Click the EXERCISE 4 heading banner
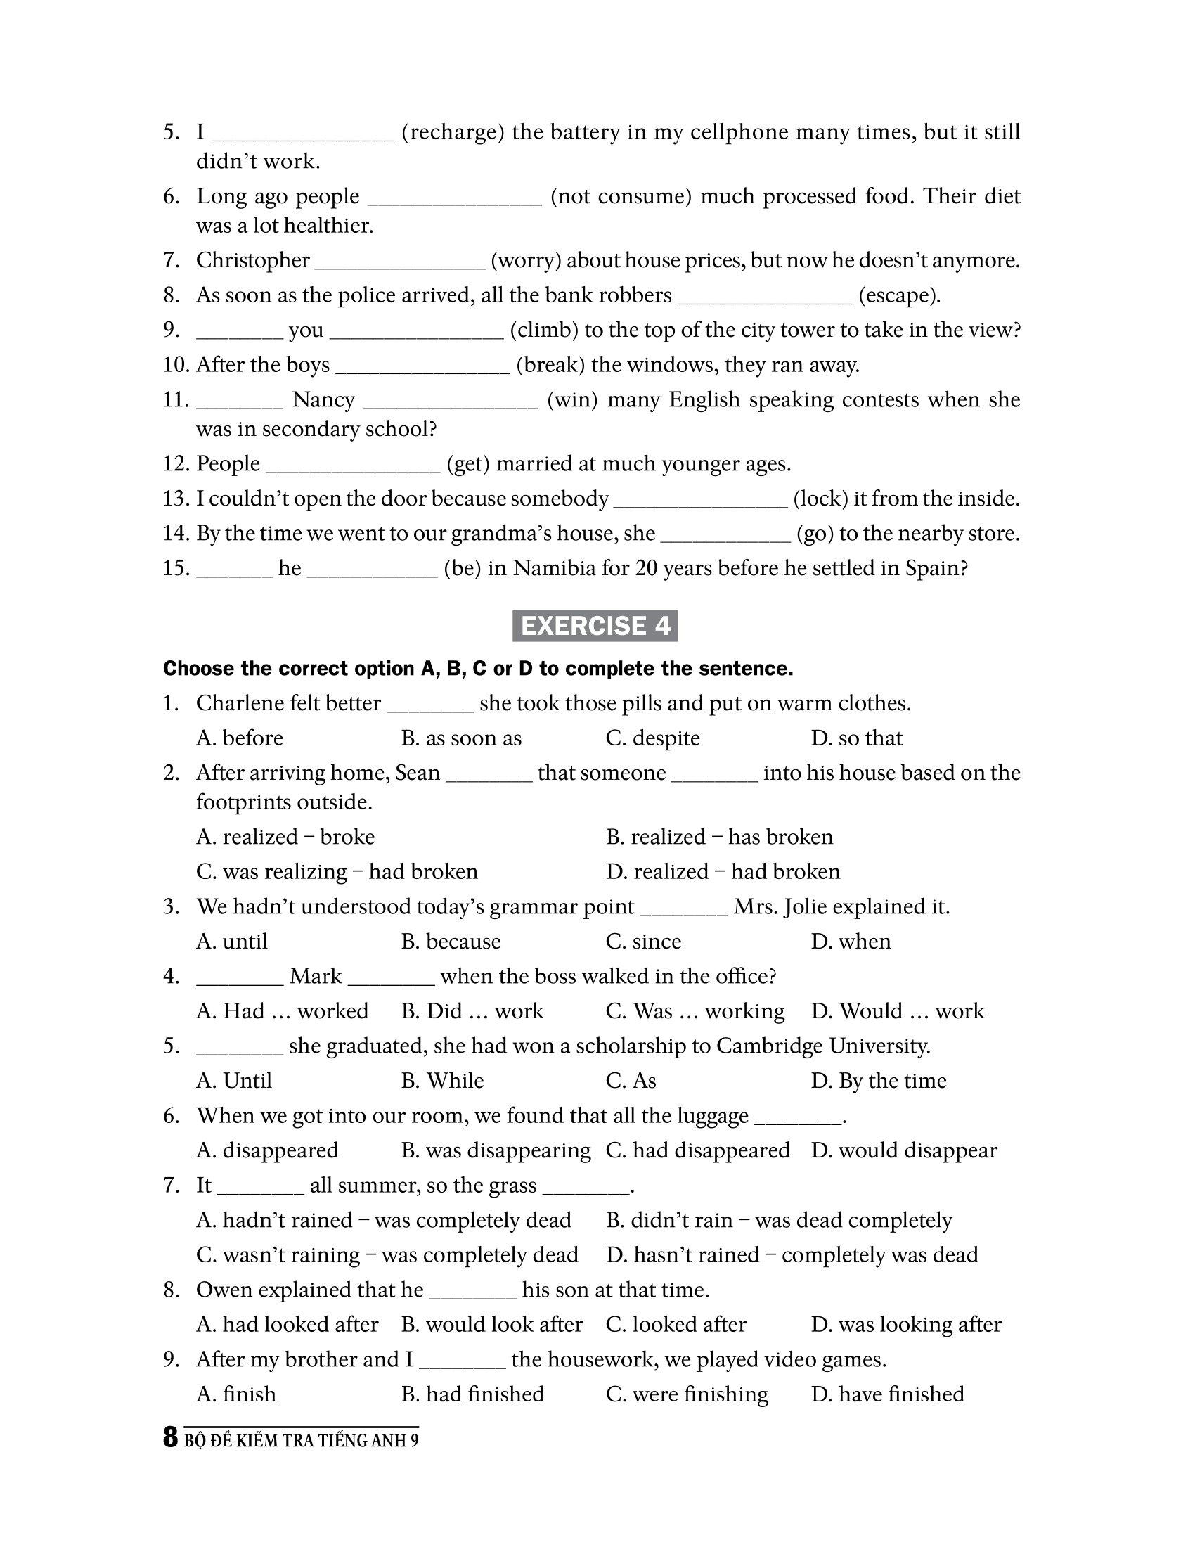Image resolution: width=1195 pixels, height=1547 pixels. (x=595, y=626)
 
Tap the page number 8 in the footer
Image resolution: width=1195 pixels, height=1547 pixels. (x=170, y=1439)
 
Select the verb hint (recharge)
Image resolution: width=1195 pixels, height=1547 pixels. (x=453, y=132)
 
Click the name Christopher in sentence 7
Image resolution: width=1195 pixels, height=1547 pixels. (x=253, y=261)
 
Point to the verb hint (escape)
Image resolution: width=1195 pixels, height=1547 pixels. (x=899, y=295)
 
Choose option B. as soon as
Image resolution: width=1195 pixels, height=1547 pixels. (x=461, y=738)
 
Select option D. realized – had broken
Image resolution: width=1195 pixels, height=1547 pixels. (x=723, y=871)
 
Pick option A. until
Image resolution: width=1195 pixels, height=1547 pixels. (x=232, y=942)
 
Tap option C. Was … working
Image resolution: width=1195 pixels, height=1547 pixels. (x=695, y=1010)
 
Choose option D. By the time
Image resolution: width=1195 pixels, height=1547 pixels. (x=879, y=1080)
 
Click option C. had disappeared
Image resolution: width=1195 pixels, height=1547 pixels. (x=697, y=1150)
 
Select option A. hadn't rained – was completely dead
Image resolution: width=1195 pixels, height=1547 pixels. (x=384, y=1220)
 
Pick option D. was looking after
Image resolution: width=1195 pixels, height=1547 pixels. (x=906, y=1324)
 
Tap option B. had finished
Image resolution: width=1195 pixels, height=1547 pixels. (x=472, y=1393)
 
